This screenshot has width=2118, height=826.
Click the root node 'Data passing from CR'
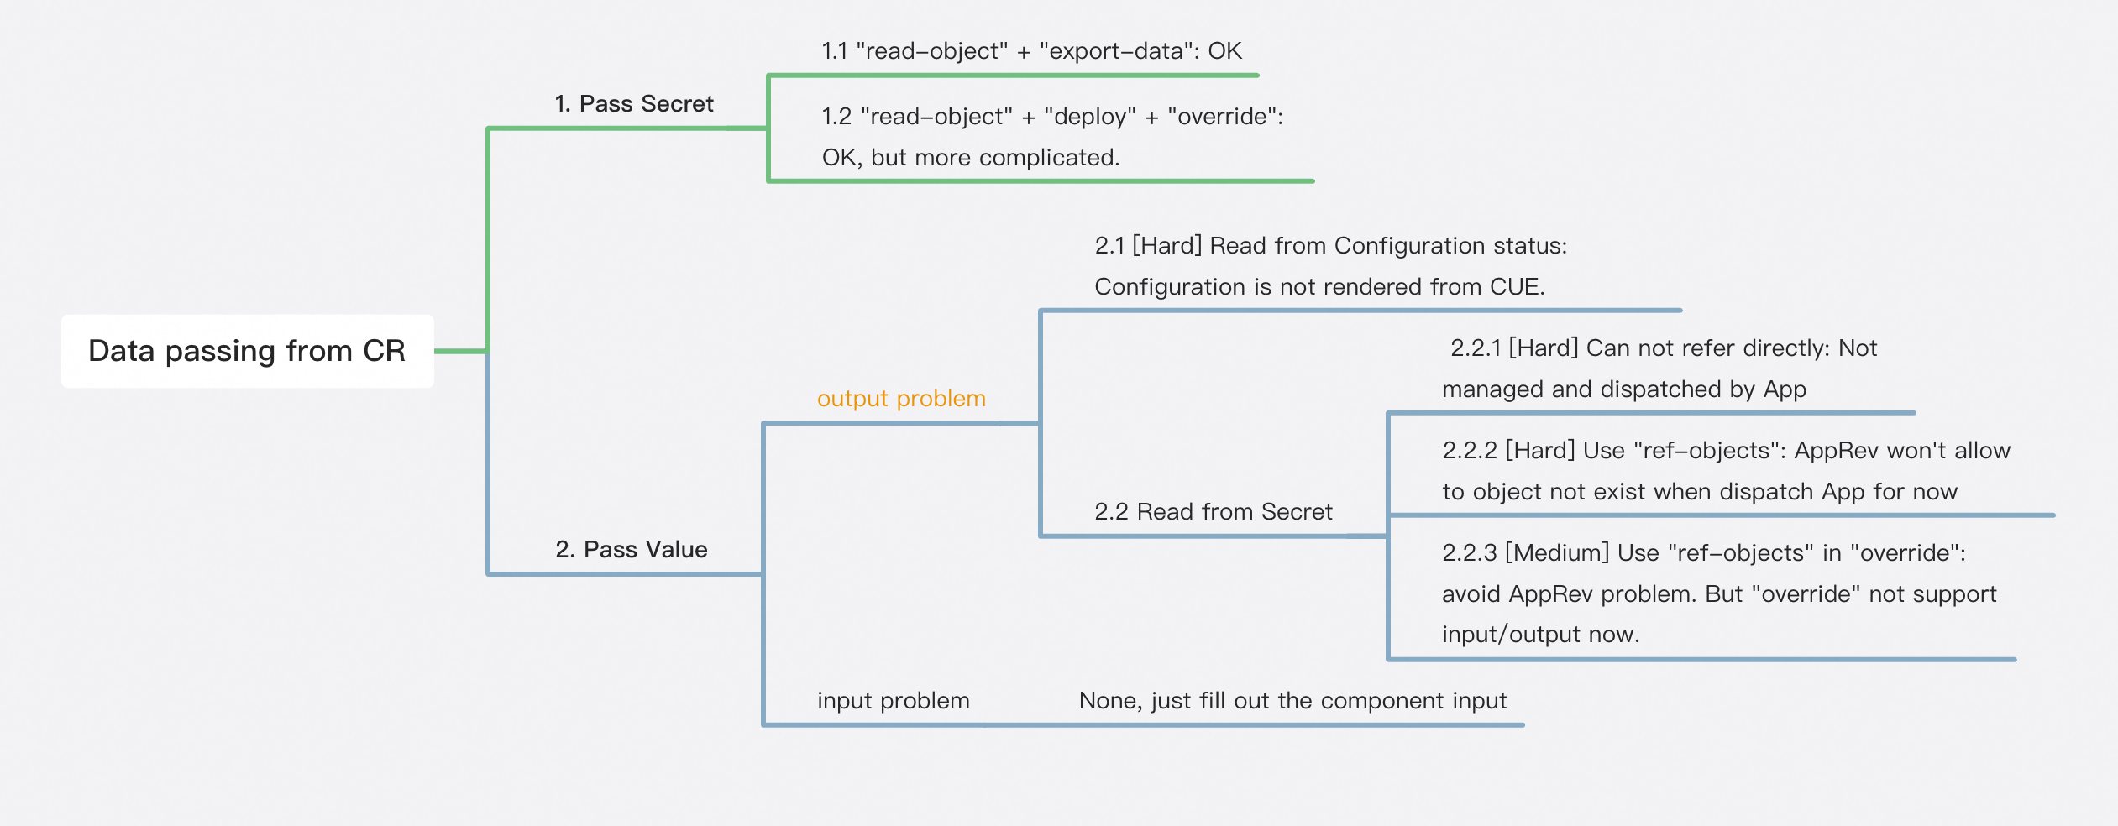[247, 351]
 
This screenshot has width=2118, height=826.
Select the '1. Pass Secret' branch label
[634, 104]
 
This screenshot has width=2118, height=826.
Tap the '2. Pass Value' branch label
[632, 550]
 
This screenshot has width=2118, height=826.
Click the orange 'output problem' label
[901, 399]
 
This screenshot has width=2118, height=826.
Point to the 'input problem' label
[894, 701]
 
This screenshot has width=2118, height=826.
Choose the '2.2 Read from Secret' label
[1214, 512]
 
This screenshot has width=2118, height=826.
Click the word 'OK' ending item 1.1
[1225, 51]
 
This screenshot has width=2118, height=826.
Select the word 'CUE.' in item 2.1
[1518, 287]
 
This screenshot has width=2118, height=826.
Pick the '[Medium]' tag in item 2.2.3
[1557, 553]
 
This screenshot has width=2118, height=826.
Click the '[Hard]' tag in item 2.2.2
[1540, 451]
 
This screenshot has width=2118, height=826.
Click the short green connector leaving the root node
[460, 351]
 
